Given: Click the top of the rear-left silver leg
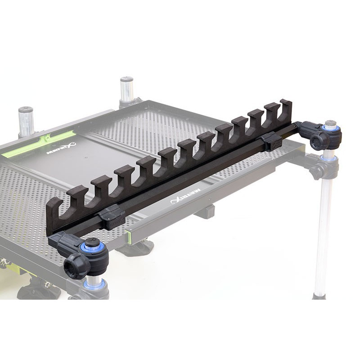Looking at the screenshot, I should click(x=26, y=111).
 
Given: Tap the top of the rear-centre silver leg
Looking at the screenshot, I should click(x=127, y=81).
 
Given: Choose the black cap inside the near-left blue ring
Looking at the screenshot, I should click(x=94, y=243).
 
